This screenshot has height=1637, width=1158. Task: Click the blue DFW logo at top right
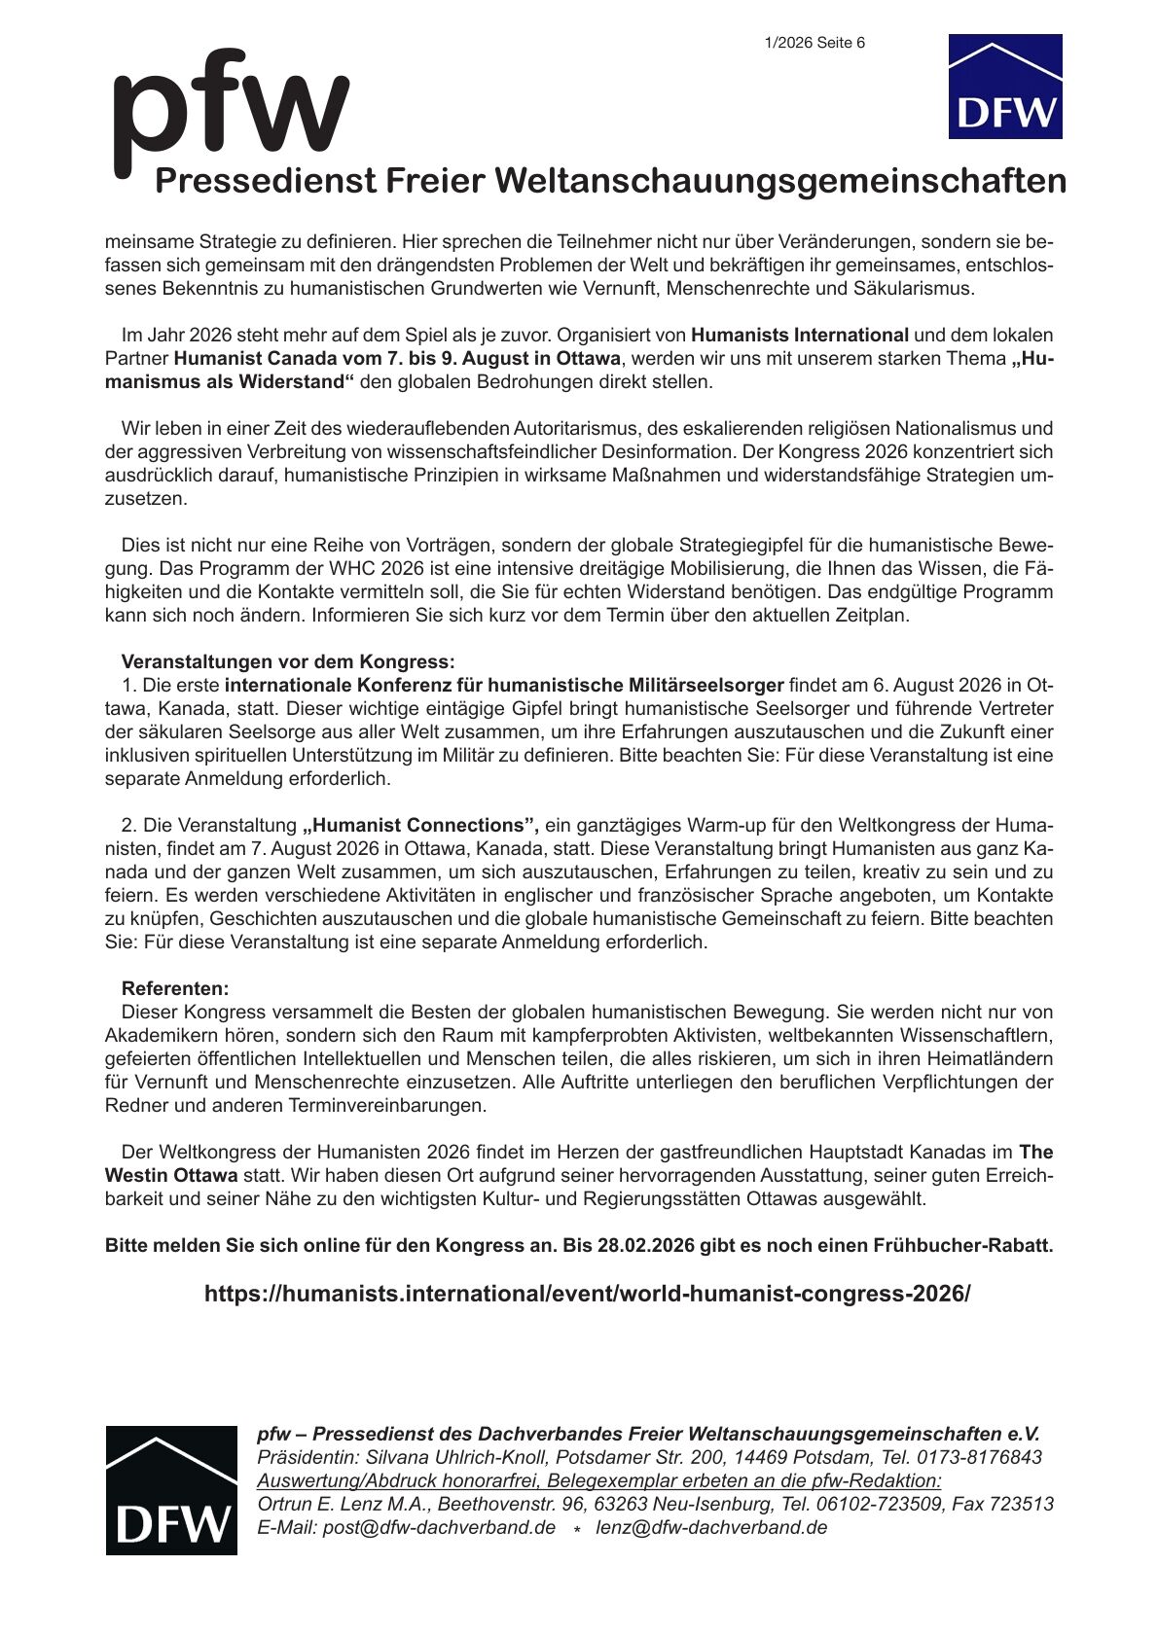pos(1004,87)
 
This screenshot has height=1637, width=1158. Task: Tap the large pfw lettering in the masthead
pos(231,106)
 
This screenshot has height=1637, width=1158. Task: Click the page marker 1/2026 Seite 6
pos(814,43)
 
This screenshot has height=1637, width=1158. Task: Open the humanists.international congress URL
pos(587,1294)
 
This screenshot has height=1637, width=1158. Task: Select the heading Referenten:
pos(175,988)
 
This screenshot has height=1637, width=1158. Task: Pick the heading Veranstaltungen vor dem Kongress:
pos(287,661)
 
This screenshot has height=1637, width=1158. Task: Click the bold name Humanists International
pos(800,335)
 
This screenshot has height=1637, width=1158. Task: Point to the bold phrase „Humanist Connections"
pos(420,825)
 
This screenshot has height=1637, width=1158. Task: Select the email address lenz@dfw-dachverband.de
pos(711,1527)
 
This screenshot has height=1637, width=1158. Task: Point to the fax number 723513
pos(1021,1504)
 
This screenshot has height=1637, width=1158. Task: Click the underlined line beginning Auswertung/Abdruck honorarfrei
pos(599,1480)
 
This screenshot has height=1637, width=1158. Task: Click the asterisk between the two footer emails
pos(576,1530)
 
